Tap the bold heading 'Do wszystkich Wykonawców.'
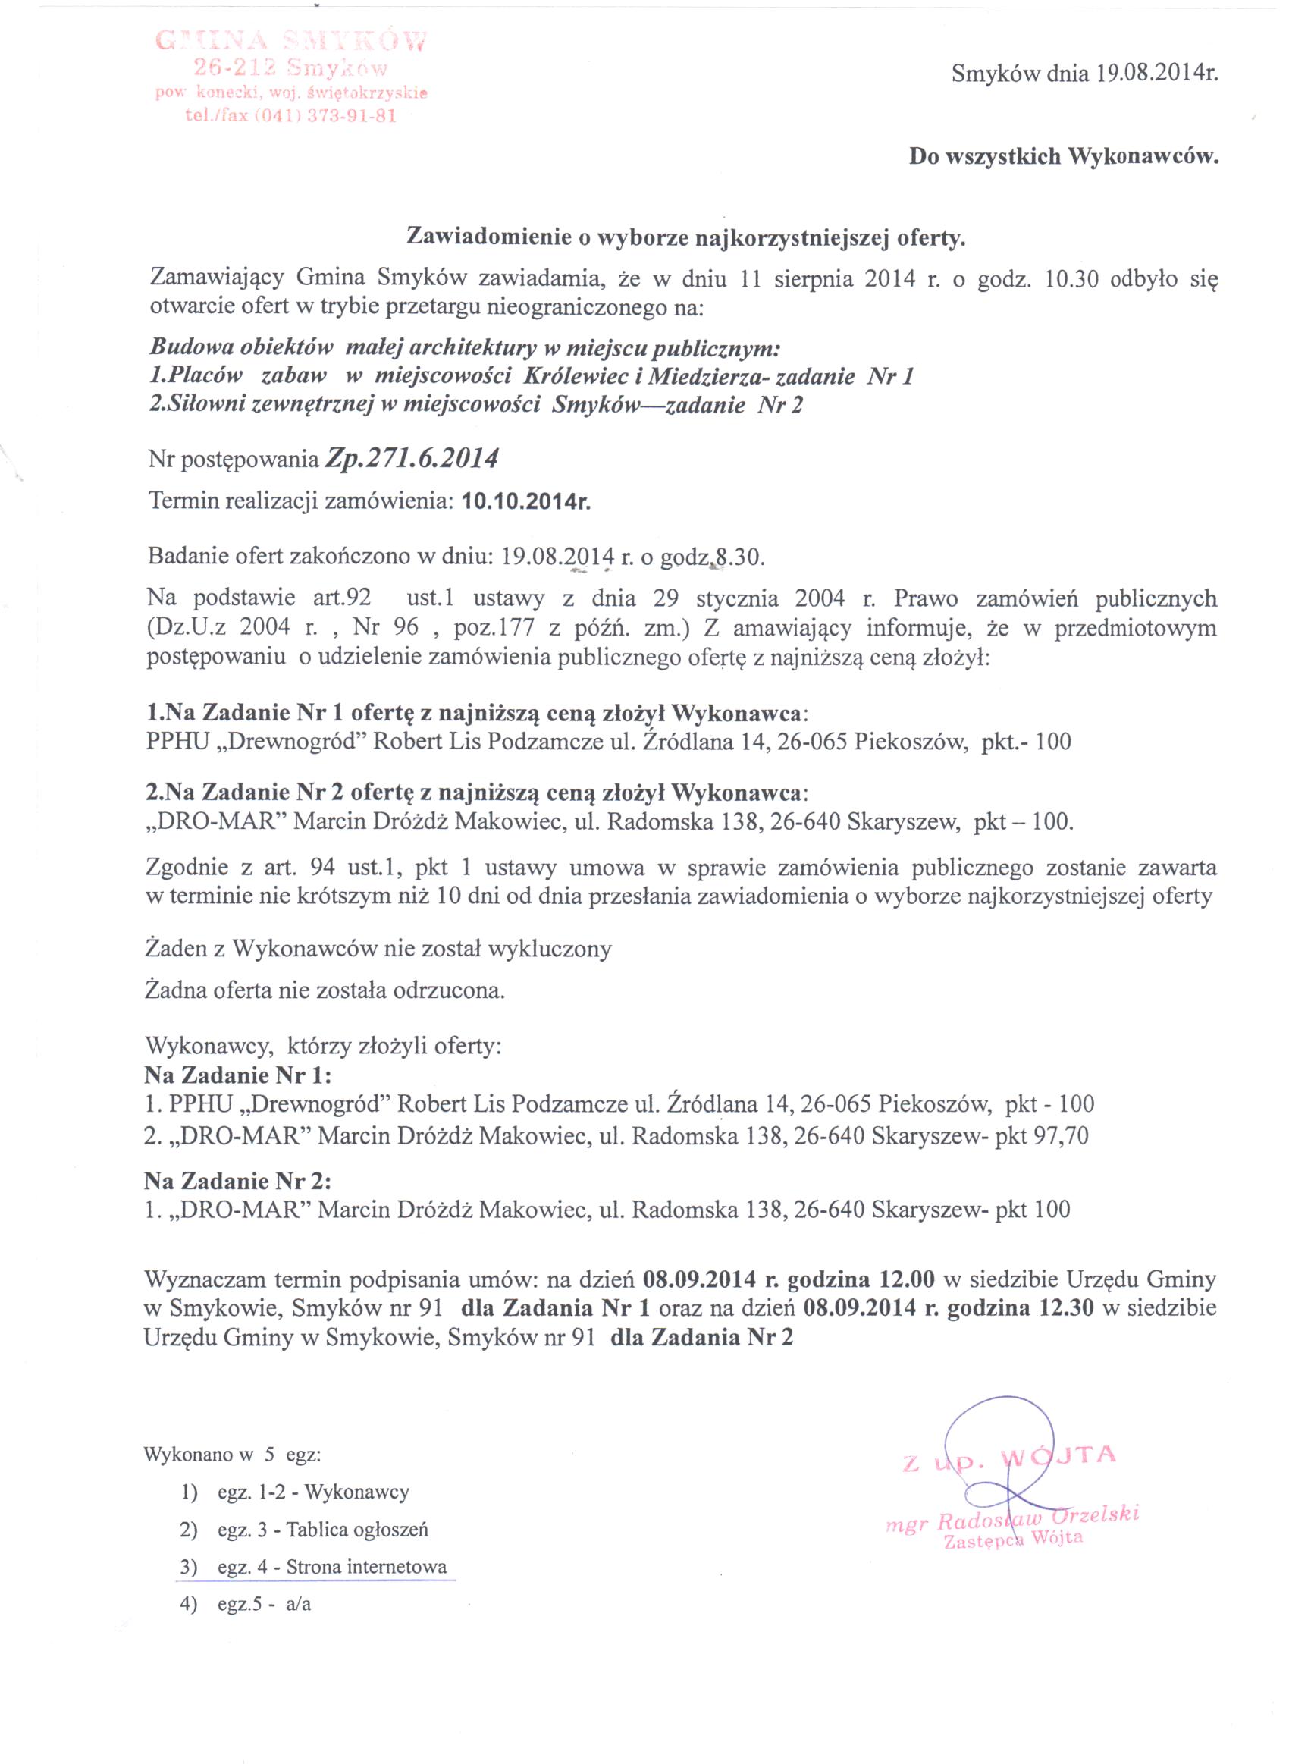tap(1064, 157)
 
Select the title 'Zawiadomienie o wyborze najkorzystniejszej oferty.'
tap(687, 237)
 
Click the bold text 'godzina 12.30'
tap(1020, 1307)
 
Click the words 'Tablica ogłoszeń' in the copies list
tap(357, 1530)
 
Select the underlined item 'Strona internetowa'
tap(367, 1568)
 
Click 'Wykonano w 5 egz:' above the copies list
tap(233, 1455)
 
